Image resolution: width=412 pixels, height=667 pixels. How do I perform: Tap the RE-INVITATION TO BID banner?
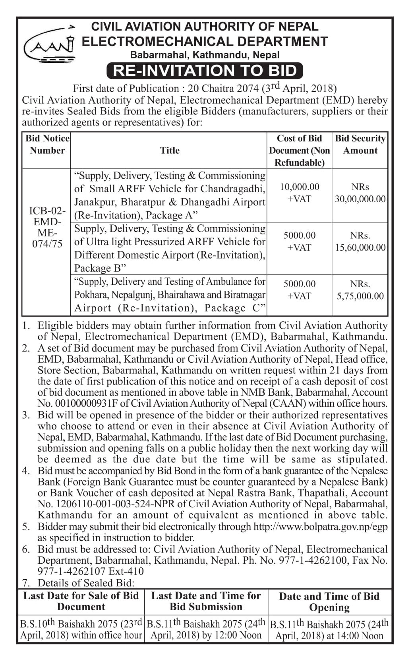point(205,70)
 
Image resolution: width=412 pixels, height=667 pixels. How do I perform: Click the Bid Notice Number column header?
point(47,145)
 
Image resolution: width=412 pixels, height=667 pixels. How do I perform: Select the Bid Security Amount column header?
point(360,145)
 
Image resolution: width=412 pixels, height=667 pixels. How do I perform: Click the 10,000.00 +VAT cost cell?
point(299,193)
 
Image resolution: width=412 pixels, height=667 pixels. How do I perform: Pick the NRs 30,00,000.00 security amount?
point(360,193)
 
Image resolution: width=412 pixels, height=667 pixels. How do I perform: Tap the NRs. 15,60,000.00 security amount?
point(360,242)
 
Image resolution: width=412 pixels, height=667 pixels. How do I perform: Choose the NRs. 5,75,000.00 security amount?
point(360,290)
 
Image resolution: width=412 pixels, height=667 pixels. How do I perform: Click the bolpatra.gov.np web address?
point(320,527)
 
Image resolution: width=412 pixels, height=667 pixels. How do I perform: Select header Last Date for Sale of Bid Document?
point(81,601)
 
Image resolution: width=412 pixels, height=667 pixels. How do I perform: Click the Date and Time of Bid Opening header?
point(329,602)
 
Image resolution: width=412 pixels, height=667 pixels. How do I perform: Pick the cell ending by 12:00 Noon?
point(206,629)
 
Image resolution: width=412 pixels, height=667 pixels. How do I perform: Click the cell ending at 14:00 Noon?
point(329,630)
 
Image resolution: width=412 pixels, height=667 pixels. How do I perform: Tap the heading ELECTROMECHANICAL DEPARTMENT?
point(205,41)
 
